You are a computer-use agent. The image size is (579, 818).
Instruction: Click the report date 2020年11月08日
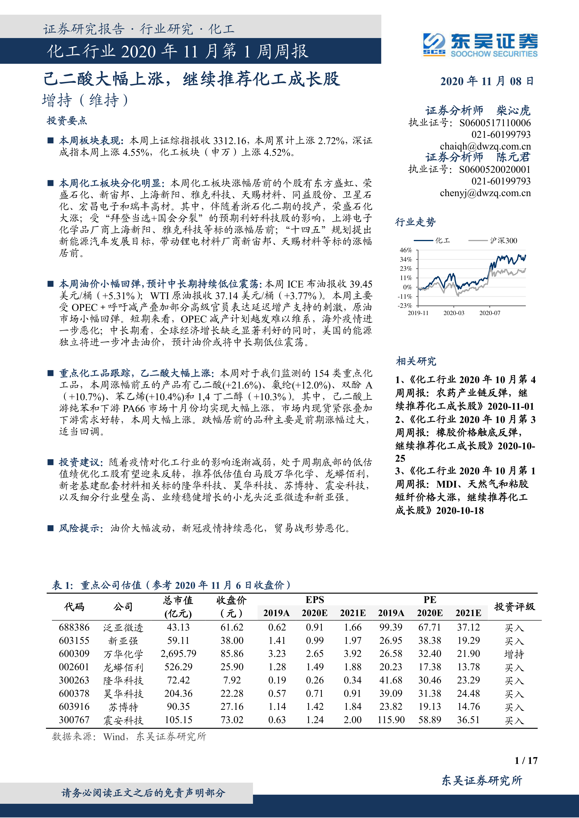[x=487, y=81]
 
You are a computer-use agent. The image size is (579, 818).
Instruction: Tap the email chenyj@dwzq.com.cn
[x=485, y=193]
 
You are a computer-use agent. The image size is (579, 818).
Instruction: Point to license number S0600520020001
[x=495, y=170]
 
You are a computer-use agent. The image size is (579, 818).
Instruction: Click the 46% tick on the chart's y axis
[x=406, y=250]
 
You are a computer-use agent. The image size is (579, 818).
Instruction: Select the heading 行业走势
[x=415, y=222]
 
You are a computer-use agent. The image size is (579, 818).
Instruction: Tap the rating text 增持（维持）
[x=85, y=101]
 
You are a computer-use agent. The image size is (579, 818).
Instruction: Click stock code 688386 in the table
[x=74, y=627]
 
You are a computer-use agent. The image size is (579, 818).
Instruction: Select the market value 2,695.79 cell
[x=178, y=654]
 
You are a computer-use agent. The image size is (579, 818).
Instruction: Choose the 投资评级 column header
[x=514, y=607]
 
